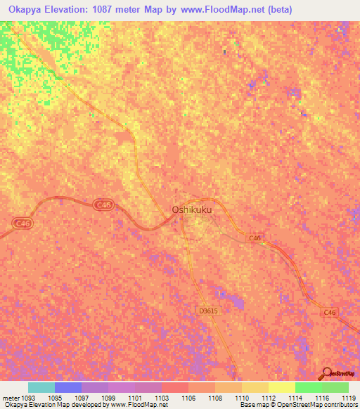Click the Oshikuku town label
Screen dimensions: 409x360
point(192,209)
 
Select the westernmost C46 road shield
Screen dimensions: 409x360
point(22,222)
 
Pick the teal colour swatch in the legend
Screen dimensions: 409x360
point(41,387)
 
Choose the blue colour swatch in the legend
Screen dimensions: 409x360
point(68,387)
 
